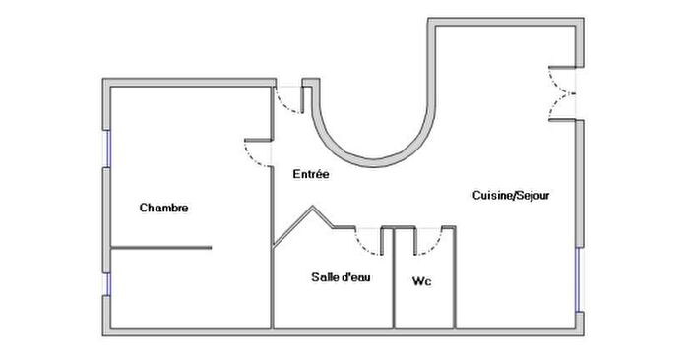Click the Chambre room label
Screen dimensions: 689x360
click(163, 208)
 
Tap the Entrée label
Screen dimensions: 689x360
click(311, 174)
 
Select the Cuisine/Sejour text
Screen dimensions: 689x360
click(511, 196)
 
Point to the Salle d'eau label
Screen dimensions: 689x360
click(341, 277)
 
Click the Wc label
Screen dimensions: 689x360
click(422, 282)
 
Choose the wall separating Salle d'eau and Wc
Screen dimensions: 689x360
click(390, 280)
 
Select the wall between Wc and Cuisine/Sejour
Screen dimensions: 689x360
click(455, 280)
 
